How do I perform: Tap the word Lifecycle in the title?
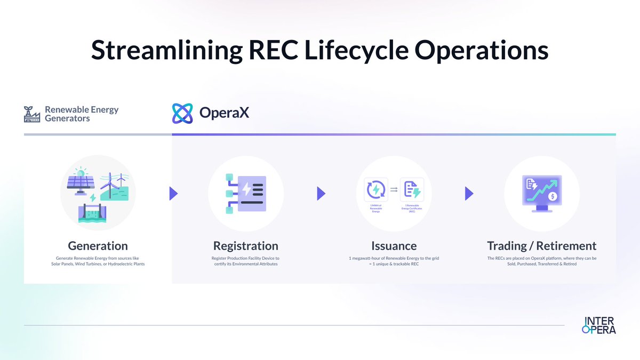[x=363, y=50]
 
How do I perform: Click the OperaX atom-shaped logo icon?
[x=182, y=113]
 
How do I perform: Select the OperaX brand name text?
[x=224, y=113]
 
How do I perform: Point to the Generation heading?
[x=98, y=246]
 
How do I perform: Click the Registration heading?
[x=245, y=246]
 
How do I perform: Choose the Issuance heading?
[x=394, y=246]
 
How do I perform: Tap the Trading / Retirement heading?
[x=541, y=246]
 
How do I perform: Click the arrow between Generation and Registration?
[x=173, y=193]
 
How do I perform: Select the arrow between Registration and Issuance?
[x=321, y=193]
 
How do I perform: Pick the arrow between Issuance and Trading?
[x=469, y=193]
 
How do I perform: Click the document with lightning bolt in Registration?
[x=251, y=193]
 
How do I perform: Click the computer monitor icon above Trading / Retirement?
[x=542, y=192]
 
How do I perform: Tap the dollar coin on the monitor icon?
[x=554, y=196]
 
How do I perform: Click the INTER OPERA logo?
[x=599, y=325]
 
